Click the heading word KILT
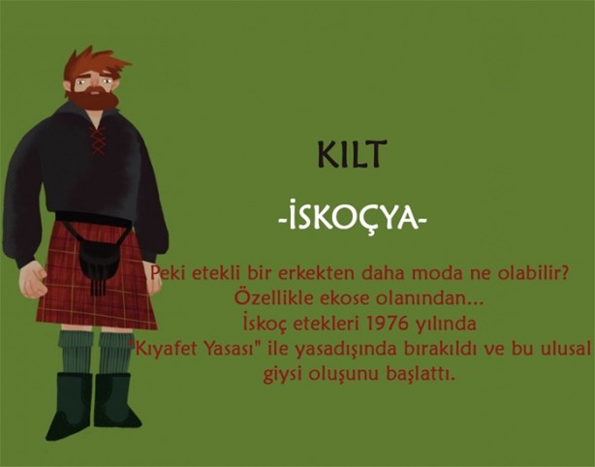[x=351, y=154]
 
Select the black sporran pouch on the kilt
[x=97, y=260]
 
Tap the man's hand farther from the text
[x=33, y=278]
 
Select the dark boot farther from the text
[x=70, y=405]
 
